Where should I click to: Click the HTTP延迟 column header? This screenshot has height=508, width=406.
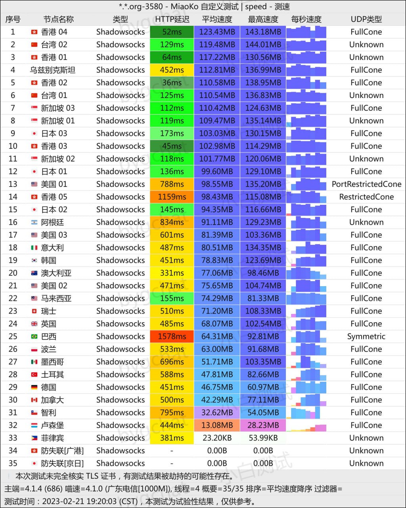point(172,19)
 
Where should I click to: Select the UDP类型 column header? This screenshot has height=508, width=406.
point(366,19)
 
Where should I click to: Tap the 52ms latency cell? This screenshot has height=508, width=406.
point(172,32)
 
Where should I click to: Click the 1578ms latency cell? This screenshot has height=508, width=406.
point(172,337)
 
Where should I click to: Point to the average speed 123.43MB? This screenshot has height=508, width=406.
point(217,32)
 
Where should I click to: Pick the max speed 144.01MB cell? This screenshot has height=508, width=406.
point(263,44)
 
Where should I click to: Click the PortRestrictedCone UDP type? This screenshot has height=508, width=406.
point(366,184)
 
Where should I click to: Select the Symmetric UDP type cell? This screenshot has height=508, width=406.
point(366,337)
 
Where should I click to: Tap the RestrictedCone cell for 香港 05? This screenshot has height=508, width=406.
point(366,197)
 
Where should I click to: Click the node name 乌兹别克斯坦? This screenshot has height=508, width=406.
point(53,70)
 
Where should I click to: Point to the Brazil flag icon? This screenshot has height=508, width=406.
point(34,337)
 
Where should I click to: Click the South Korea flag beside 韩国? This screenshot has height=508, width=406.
point(34,260)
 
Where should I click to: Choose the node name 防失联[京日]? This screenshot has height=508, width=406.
point(62,464)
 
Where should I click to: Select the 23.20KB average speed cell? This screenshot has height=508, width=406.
point(217,438)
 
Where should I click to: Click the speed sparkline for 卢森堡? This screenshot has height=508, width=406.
point(306,425)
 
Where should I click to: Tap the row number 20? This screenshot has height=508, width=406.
point(13,273)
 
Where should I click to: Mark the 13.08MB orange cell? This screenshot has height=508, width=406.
point(217,425)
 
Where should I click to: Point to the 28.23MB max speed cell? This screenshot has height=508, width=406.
point(263,425)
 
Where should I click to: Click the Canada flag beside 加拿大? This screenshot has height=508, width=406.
point(34,400)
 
